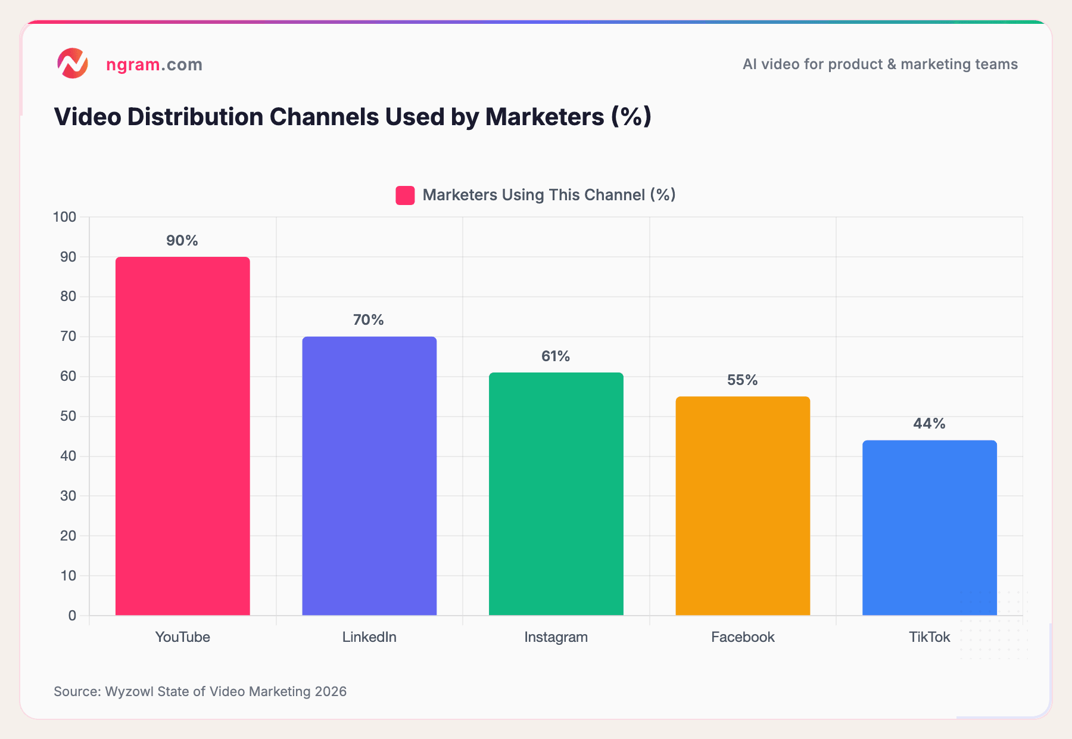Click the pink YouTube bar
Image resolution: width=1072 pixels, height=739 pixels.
click(182, 435)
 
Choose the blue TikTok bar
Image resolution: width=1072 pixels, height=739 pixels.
click(929, 527)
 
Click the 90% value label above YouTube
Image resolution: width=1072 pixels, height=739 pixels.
click(182, 241)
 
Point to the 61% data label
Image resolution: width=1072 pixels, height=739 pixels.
click(556, 356)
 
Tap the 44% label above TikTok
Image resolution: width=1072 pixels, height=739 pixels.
click(929, 424)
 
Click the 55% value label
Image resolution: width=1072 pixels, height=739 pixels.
click(742, 380)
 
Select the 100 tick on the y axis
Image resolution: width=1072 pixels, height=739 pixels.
click(65, 217)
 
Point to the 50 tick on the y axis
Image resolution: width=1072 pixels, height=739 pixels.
click(68, 416)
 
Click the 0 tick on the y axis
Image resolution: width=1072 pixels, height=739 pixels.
click(72, 616)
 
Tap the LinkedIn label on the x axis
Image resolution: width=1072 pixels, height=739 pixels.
click(369, 637)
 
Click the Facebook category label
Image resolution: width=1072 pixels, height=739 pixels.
click(743, 637)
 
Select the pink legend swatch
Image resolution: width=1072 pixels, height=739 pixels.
click(405, 195)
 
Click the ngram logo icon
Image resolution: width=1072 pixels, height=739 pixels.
click(73, 64)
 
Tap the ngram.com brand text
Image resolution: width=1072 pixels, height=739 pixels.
click(154, 64)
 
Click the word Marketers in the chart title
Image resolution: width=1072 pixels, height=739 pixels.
click(544, 117)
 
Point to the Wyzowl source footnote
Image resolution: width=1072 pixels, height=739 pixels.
click(200, 691)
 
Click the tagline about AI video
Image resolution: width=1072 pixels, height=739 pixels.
click(880, 64)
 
